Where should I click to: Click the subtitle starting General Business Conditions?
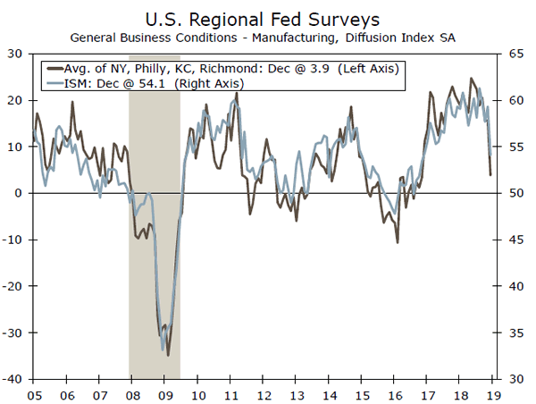click(x=267, y=38)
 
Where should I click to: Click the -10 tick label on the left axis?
click(x=13, y=240)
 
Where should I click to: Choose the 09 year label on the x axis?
click(x=165, y=392)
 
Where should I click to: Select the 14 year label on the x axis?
click(x=329, y=392)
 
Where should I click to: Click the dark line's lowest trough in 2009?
click(x=168, y=355)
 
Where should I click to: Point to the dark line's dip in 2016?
click(x=397, y=242)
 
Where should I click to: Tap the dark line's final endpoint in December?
click(x=490, y=174)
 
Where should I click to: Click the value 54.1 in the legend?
click(x=154, y=83)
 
